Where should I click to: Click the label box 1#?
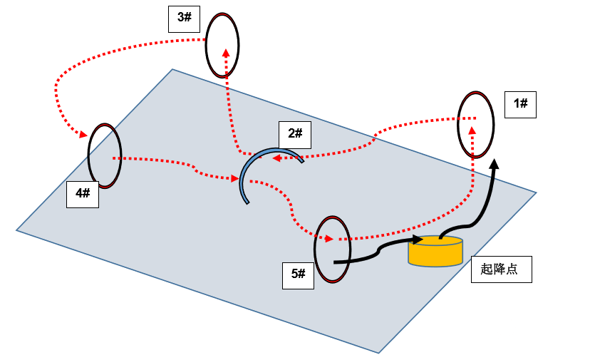(x=520, y=104)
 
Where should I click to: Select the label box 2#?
(x=295, y=133)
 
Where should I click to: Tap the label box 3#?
(x=185, y=18)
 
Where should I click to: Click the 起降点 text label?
(x=502, y=269)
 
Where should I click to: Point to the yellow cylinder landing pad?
(x=435, y=252)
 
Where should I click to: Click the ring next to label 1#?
(x=475, y=124)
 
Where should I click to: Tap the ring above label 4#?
(x=105, y=155)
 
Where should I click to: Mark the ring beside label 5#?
(x=333, y=249)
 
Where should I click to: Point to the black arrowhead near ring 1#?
(x=495, y=165)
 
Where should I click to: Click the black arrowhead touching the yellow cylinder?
(x=418, y=239)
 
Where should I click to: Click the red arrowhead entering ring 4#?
(x=83, y=134)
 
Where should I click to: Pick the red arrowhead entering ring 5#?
(x=328, y=239)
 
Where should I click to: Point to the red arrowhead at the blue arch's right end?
(x=277, y=158)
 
